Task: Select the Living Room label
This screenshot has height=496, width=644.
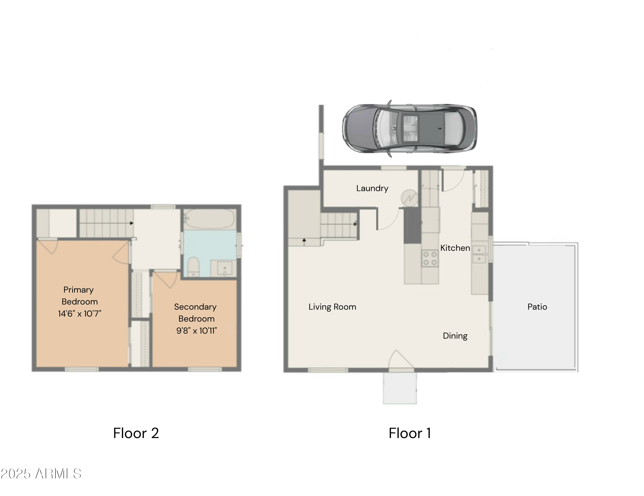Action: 332,307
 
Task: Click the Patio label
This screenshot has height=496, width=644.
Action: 537,307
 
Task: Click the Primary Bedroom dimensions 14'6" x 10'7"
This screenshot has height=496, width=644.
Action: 80,314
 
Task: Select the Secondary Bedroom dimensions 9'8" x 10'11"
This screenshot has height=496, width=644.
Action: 196,331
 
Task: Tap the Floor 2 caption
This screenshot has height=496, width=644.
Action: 136,433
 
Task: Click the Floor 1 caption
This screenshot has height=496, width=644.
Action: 410,433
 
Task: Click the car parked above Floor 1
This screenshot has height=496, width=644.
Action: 409,129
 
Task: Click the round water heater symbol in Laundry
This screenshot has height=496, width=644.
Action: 409,197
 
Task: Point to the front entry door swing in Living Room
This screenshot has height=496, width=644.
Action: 399,360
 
